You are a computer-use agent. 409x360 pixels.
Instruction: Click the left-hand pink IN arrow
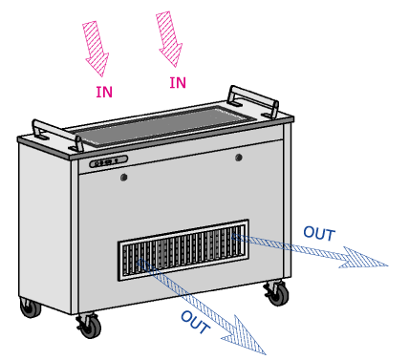pos(96,49)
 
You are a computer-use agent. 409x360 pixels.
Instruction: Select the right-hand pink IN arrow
pos(169,39)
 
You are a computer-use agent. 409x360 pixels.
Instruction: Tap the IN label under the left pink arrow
pos(104,93)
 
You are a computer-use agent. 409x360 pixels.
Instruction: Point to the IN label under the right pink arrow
pos(178,83)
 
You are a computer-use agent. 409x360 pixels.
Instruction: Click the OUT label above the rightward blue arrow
pos(319,234)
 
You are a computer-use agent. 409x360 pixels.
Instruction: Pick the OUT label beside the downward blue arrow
pos(195,322)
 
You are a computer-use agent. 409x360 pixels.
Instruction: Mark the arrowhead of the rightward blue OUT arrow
pos(364,258)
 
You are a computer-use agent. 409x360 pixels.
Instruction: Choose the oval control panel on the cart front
pos(109,161)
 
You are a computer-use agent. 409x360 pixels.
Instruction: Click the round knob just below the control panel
pos(124,177)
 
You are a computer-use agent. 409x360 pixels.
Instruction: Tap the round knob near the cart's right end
pos(239,158)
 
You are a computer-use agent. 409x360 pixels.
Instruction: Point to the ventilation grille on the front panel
pos(183,250)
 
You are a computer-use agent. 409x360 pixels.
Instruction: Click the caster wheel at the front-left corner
pos(90,326)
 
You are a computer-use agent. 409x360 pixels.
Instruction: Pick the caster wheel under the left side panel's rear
pos(31,307)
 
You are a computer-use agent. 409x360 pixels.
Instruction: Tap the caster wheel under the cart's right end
pos(276,293)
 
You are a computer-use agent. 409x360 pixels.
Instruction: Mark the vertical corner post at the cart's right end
pos(287,201)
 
